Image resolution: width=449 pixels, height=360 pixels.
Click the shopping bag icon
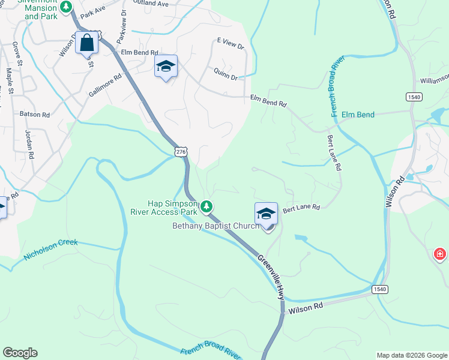click(x=87, y=43)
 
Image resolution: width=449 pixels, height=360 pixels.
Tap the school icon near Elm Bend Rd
click(x=165, y=67)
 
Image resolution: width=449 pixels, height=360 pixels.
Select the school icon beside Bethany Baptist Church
click(x=266, y=214)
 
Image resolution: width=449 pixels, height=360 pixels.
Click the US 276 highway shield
click(x=181, y=153)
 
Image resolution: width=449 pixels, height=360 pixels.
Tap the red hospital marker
click(x=440, y=254)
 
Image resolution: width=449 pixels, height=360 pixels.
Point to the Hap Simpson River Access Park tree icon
click(x=206, y=207)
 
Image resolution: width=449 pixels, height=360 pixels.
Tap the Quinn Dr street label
click(x=225, y=74)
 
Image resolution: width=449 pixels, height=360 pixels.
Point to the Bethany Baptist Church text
click(x=216, y=226)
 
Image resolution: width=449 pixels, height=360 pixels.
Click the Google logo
click(x=20, y=353)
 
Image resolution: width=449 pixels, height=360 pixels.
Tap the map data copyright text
click(x=411, y=355)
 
